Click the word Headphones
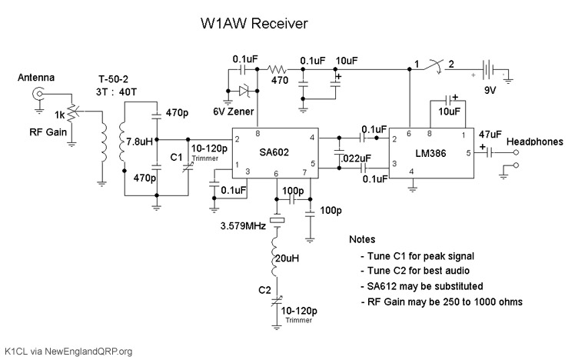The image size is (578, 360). pos(535,141)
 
